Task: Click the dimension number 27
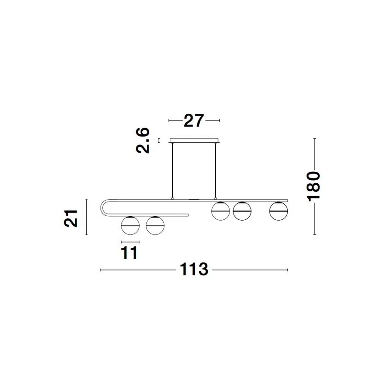194,121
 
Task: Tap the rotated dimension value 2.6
143,141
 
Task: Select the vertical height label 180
313,186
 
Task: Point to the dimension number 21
71,218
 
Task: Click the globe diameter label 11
129,253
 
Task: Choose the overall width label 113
194,269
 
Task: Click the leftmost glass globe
130,226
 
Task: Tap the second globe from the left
155,226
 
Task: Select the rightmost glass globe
278,211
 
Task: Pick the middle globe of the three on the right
242,211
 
